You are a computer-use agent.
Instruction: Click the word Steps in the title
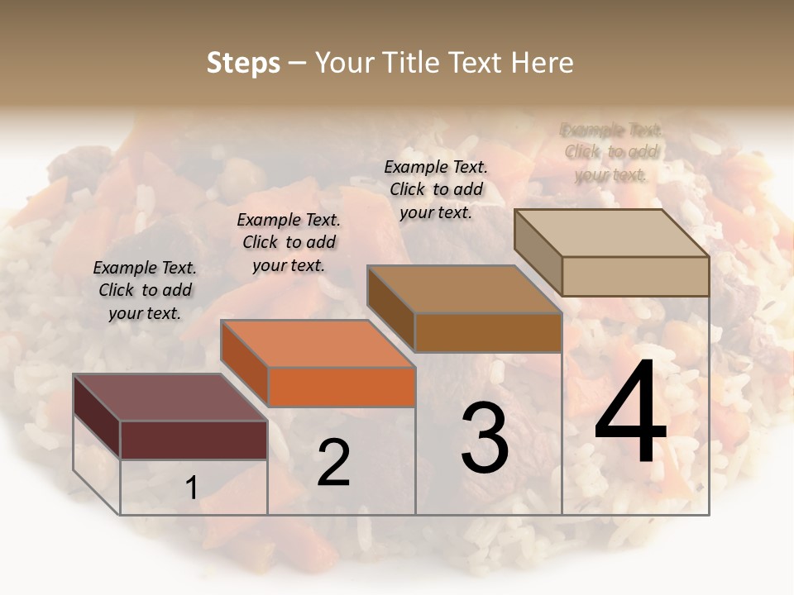[243, 63]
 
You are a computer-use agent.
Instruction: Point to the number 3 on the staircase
[485, 439]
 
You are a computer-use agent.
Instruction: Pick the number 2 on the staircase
[333, 463]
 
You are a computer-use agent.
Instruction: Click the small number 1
[191, 488]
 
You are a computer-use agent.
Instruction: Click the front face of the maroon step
[194, 440]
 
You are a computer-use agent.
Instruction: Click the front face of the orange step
[342, 387]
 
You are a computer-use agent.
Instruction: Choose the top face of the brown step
[464, 289]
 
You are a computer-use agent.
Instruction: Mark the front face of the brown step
[488, 332]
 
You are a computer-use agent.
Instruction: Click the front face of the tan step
[635, 276]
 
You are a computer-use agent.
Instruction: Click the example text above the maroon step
[145, 290]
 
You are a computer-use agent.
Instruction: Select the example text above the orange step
[289, 242]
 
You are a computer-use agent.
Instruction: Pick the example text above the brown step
[436, 189]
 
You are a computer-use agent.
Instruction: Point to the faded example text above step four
[611, 152]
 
